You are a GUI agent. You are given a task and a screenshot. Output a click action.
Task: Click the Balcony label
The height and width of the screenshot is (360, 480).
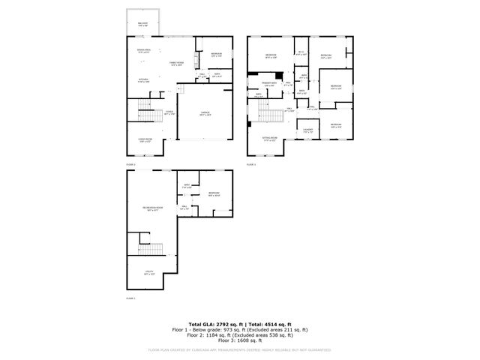pyautogui.click(x=142, y=24)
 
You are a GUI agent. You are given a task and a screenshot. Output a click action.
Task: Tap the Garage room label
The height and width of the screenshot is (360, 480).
pyautogui.click(x=205, y=114)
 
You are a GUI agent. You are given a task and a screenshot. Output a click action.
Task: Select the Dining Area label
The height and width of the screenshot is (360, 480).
pyautogui.click(x=142, y=50)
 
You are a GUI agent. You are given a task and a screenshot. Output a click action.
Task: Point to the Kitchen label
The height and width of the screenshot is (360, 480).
pyautogui.click(x=142, y=80)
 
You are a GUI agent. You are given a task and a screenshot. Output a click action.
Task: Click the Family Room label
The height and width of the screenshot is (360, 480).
pyautogui.click(x=176, y=64)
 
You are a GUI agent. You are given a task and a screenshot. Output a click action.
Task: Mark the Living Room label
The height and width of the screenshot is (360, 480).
pyautogui.click(x=145, y=139)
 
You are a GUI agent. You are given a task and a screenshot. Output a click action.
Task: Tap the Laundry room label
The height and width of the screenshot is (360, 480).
pyautogui.click(x=308, y=130)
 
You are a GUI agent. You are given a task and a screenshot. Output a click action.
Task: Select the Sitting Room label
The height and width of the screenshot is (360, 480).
pyautogui.click(x=270, y=139)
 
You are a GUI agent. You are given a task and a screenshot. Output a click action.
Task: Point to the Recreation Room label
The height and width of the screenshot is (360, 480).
pyautogui.click(x=154, y=208)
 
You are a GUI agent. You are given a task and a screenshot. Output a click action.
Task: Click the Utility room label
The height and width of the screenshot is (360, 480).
pyautogui.click(x=150, y=272)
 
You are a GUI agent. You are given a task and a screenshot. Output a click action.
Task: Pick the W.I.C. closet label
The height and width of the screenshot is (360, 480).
pyautogui.click(x=301, y=53)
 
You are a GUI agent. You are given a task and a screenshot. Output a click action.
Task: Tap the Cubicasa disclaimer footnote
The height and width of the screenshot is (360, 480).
pyautogui.click(x=240, y=349)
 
